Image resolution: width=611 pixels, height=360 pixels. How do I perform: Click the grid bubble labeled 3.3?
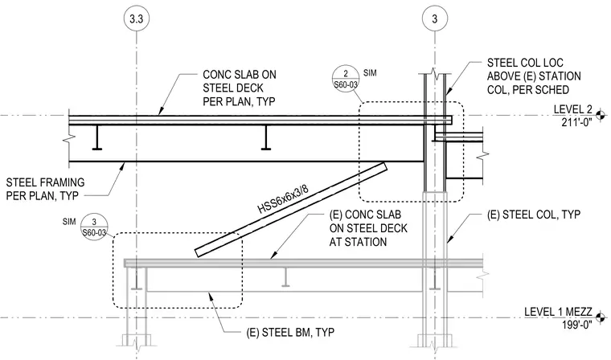136,18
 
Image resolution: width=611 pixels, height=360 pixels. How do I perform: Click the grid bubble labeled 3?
434,18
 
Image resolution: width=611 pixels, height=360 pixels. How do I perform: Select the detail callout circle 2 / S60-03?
345,79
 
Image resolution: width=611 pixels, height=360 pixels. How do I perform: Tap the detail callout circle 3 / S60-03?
94,227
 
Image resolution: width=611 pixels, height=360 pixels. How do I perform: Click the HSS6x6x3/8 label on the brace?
283,199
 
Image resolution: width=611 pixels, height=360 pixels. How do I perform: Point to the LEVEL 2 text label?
572,109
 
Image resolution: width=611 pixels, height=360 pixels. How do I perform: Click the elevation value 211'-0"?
576,122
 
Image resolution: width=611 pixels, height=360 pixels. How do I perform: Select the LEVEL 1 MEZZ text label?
558,312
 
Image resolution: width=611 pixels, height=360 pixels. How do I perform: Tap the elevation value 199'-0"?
576,325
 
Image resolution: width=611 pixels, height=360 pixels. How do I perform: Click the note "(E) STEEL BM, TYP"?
290,333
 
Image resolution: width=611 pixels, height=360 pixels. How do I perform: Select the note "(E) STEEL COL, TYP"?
534,215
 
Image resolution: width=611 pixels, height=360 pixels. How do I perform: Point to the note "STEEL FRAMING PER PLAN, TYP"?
45,189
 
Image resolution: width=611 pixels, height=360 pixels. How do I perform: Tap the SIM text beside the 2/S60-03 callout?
370,73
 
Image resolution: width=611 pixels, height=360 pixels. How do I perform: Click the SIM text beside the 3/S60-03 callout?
69,222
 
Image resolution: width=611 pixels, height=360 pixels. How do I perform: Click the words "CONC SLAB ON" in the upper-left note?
240,75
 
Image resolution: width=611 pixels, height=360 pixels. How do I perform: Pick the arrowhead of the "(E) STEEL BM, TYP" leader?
211,296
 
